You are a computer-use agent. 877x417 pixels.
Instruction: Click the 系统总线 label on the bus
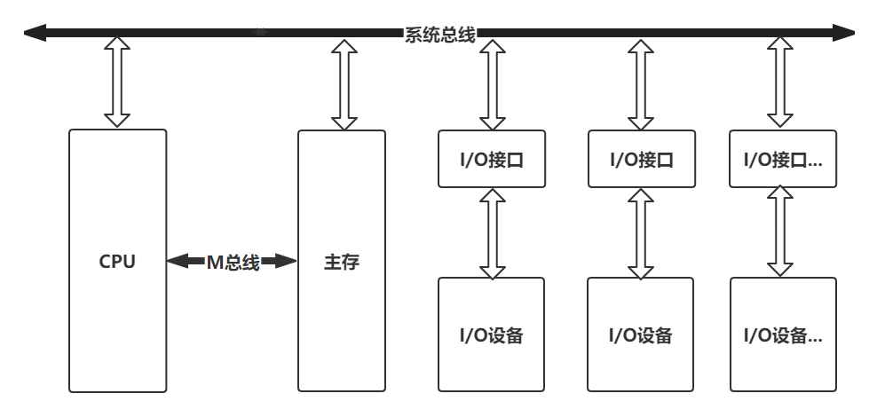coord(439,35)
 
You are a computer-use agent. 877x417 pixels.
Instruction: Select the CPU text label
coord(117,262)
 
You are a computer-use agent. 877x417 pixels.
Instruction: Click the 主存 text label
coord(342,262)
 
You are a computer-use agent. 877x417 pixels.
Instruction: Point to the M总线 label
coord(232,262)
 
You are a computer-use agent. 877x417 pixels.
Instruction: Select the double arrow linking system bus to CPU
coord(117,83)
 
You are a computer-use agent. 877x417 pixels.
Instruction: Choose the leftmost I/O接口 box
coord(492,159)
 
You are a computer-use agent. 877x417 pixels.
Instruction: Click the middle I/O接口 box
coord(641,159)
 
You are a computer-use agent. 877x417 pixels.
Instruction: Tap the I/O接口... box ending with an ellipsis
coord(782,159)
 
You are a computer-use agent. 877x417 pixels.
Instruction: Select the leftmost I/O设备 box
coord(492,334)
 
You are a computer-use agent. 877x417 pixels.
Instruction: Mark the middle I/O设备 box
coord(641,334)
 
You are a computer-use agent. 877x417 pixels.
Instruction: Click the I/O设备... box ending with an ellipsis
coord(782,334)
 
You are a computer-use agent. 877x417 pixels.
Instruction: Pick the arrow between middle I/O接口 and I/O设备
coord(641,232)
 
